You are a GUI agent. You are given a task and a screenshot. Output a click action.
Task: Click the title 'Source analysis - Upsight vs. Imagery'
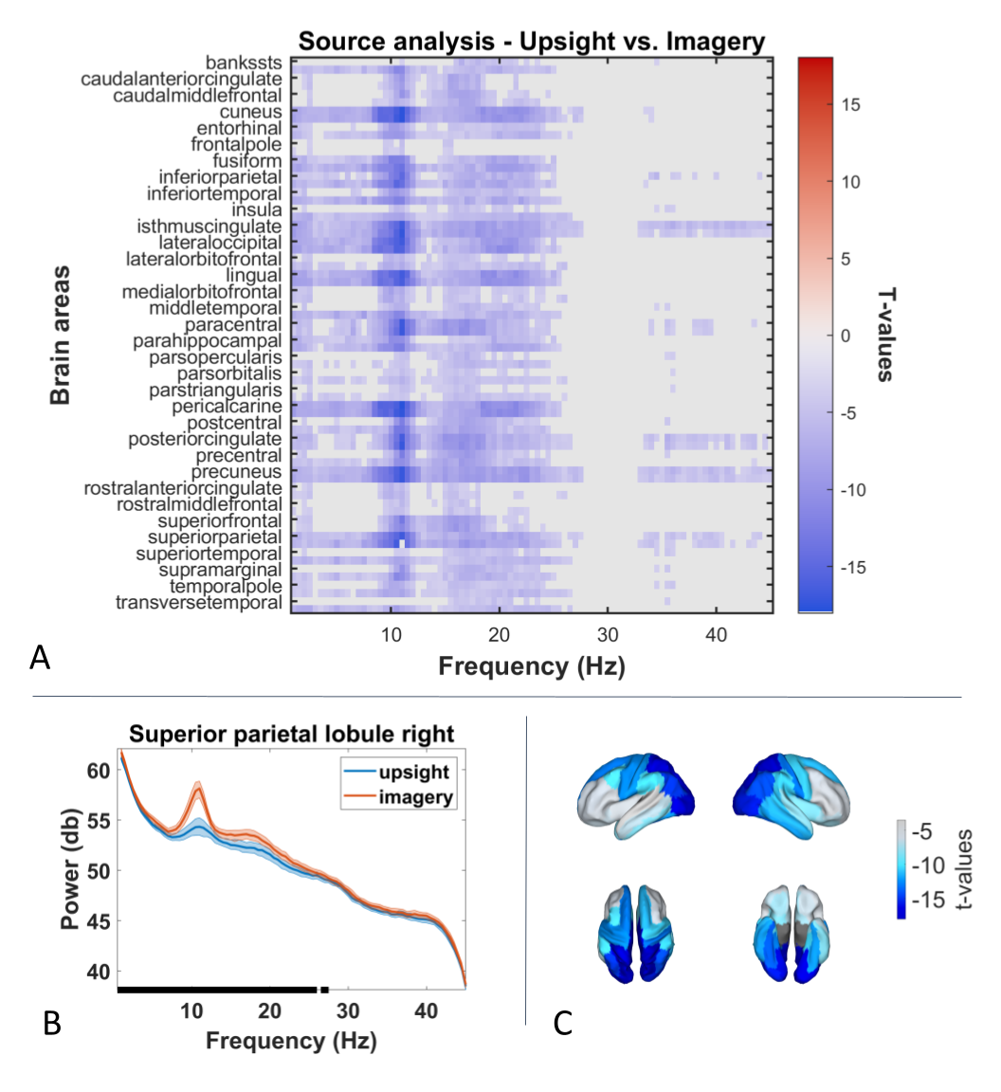point(532,42)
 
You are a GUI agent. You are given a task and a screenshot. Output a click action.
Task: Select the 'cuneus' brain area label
point(251,112)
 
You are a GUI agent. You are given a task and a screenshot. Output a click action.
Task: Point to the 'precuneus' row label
point(236,472)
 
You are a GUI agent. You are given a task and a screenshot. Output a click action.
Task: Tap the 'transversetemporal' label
point(198,603)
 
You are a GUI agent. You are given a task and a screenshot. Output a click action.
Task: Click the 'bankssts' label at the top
point(244,63)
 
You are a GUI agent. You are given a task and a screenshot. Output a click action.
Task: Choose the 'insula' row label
point(257,210)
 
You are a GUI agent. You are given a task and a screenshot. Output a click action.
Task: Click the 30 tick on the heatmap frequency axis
point(608,635)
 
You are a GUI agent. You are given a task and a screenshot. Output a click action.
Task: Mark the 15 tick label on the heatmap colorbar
point(850,105)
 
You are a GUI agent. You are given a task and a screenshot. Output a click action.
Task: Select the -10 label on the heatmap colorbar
point(853,490)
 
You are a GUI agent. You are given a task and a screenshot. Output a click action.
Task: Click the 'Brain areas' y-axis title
point(61,335)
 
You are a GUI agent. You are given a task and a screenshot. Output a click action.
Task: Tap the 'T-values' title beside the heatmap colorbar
point(885,335)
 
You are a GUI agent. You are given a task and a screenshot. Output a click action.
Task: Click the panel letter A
point(40,658)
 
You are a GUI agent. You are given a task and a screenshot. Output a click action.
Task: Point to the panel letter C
point(563,1024)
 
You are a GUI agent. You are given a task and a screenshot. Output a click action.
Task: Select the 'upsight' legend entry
point(414,773)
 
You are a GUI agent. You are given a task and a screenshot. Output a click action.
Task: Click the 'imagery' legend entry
point(416,797)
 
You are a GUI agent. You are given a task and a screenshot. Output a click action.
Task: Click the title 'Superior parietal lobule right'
point(291,734)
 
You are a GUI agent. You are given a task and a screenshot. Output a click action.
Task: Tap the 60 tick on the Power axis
point(99,771)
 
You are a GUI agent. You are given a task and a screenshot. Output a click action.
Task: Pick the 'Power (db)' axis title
point(69,869)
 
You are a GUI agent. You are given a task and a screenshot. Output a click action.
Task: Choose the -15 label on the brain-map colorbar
point(928,900)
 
